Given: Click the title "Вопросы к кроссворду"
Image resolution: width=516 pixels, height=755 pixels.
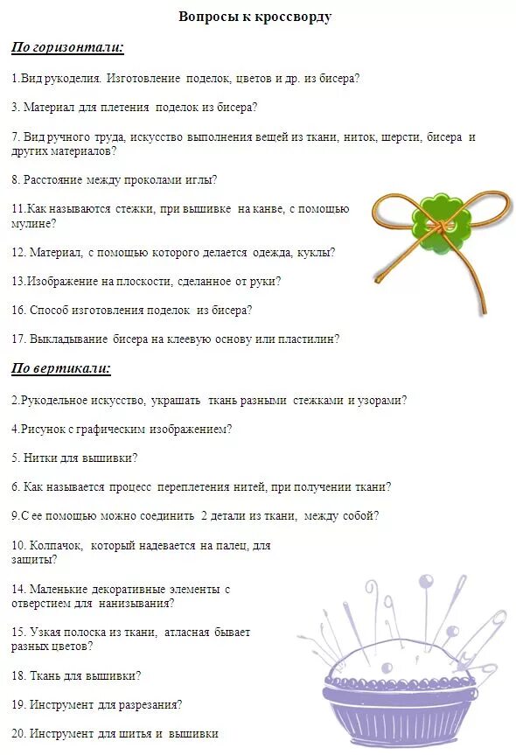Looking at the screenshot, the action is click(255, 17).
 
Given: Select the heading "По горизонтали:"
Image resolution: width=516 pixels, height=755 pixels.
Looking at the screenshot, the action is click(67, 46).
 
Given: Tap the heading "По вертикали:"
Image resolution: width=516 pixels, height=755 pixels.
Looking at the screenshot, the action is click(61, 368).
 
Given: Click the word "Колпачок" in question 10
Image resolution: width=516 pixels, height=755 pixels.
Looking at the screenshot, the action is click(59, 545).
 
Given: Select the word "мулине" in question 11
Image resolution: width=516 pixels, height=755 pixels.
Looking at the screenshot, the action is click(31, 224).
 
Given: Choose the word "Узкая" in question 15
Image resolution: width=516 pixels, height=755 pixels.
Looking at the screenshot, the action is click(45, 632).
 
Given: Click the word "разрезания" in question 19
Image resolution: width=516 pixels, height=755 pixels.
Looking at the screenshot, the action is click(150, 704).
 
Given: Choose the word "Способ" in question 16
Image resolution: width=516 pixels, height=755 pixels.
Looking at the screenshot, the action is click(49, 310).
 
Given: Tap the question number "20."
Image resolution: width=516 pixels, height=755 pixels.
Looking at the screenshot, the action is click(18, 733).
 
